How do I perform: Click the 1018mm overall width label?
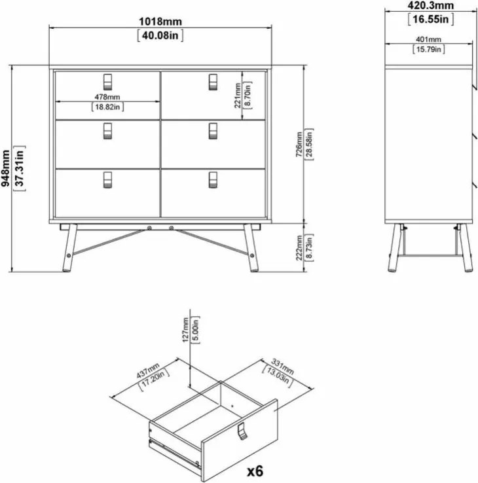(x=160, y=22)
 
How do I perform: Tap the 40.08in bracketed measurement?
(x=160, y=35)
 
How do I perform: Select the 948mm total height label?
(x=5, y=168)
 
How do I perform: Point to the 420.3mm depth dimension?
(x=431, y=5)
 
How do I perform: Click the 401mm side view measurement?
(x=428, y=39)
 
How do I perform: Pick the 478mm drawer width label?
(x=107, y=97)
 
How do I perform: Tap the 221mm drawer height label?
(x=238, y=95)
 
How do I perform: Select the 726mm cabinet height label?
(x=299, y=145)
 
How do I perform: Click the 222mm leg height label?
(x=299, y=247)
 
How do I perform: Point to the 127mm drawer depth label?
(x=185, y=330)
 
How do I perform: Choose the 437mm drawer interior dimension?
(x=148, y=370)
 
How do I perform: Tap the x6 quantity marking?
(x=255, y=471)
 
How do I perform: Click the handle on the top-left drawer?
(x=107, y=82)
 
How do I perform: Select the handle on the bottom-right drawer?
(x=213, y=180)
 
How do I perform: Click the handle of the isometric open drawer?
(x=242, y=431)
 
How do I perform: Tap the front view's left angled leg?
(x=69, y=248)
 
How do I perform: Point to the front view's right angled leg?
(x=251, y=248)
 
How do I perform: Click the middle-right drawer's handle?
(x=213, y=131)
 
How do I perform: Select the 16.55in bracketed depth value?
(x=431, y=20)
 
